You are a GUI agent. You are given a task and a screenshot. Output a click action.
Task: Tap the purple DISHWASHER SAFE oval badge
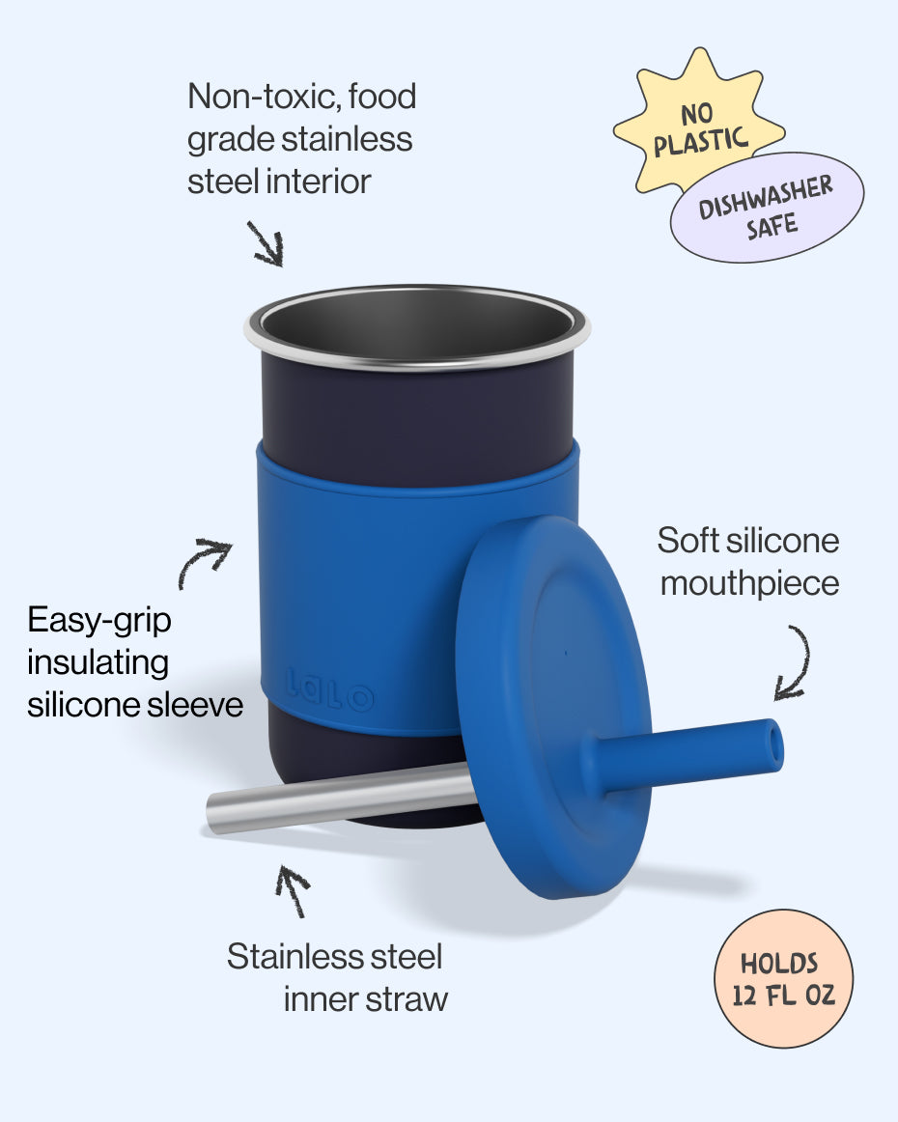768,207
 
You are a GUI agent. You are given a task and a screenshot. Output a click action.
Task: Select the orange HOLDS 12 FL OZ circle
784,978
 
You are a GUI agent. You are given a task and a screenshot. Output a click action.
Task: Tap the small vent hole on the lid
565,654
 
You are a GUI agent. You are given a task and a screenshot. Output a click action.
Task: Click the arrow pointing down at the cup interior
266,242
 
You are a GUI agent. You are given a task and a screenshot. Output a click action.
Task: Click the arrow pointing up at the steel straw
294,890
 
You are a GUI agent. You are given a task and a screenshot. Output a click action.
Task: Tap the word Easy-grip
99,620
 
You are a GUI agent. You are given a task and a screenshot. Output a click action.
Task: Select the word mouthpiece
749,584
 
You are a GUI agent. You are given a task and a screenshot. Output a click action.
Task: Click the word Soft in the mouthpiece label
688,541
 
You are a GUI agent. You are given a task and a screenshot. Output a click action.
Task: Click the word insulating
98,662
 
